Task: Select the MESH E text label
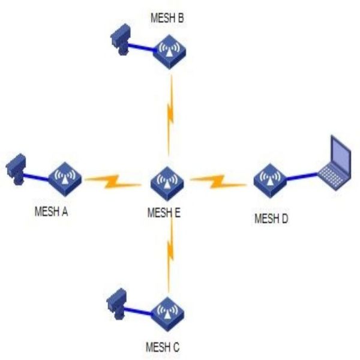point(164,212)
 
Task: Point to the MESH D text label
point(271,218)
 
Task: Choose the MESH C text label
point(163,347)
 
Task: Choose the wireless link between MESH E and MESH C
point(171,252)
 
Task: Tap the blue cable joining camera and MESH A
point(37,175)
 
